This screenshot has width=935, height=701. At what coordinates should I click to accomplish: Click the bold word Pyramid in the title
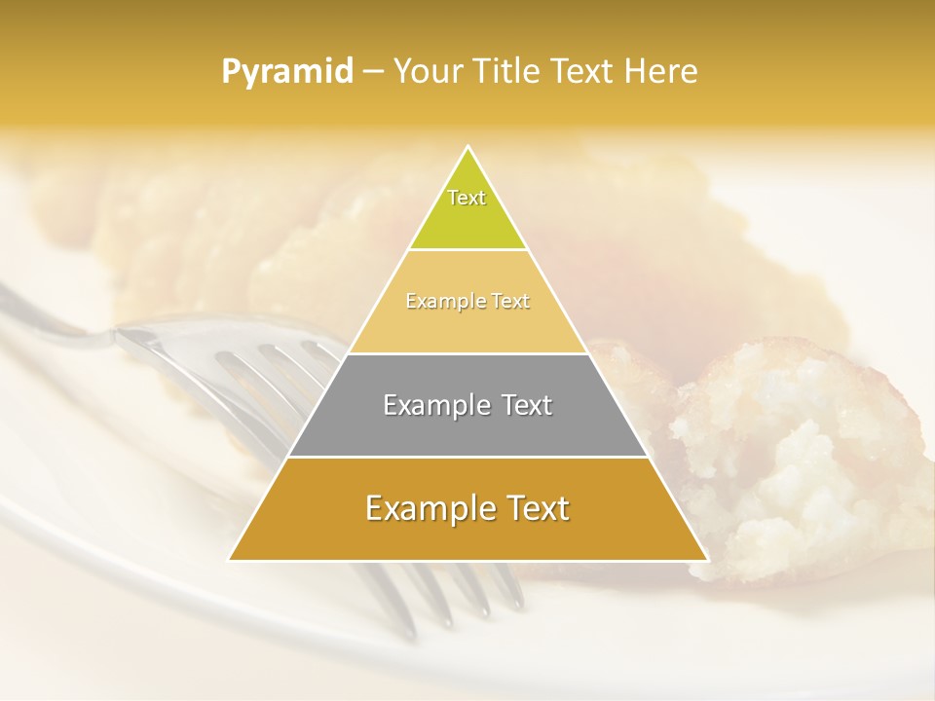coord(287,71)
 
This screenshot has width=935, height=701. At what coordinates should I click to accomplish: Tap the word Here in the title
coord(661,71)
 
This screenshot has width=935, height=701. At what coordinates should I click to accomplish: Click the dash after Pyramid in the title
coord(373,72)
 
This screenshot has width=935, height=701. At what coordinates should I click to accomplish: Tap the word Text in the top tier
coord(467,198)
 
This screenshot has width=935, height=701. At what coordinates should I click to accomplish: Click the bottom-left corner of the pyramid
coord(230,559)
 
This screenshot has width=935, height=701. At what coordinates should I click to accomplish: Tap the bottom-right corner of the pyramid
coord(707,559)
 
